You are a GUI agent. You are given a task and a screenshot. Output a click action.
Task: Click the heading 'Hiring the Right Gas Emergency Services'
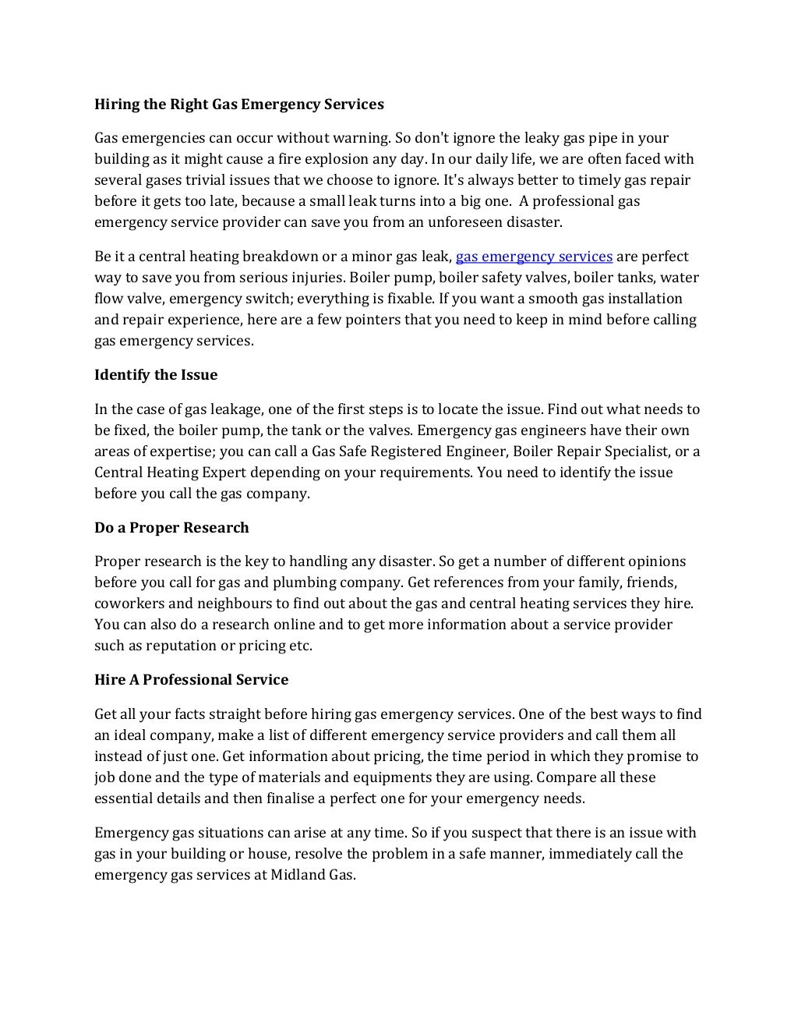point(239,104)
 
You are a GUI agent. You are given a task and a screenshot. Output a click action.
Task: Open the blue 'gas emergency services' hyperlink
point(534,257)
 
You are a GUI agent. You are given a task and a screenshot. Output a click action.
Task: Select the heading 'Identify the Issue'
point(156,375)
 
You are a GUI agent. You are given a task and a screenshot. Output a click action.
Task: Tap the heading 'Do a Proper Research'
point(171,528)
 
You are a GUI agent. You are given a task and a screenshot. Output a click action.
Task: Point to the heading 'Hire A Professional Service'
point(191,680)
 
